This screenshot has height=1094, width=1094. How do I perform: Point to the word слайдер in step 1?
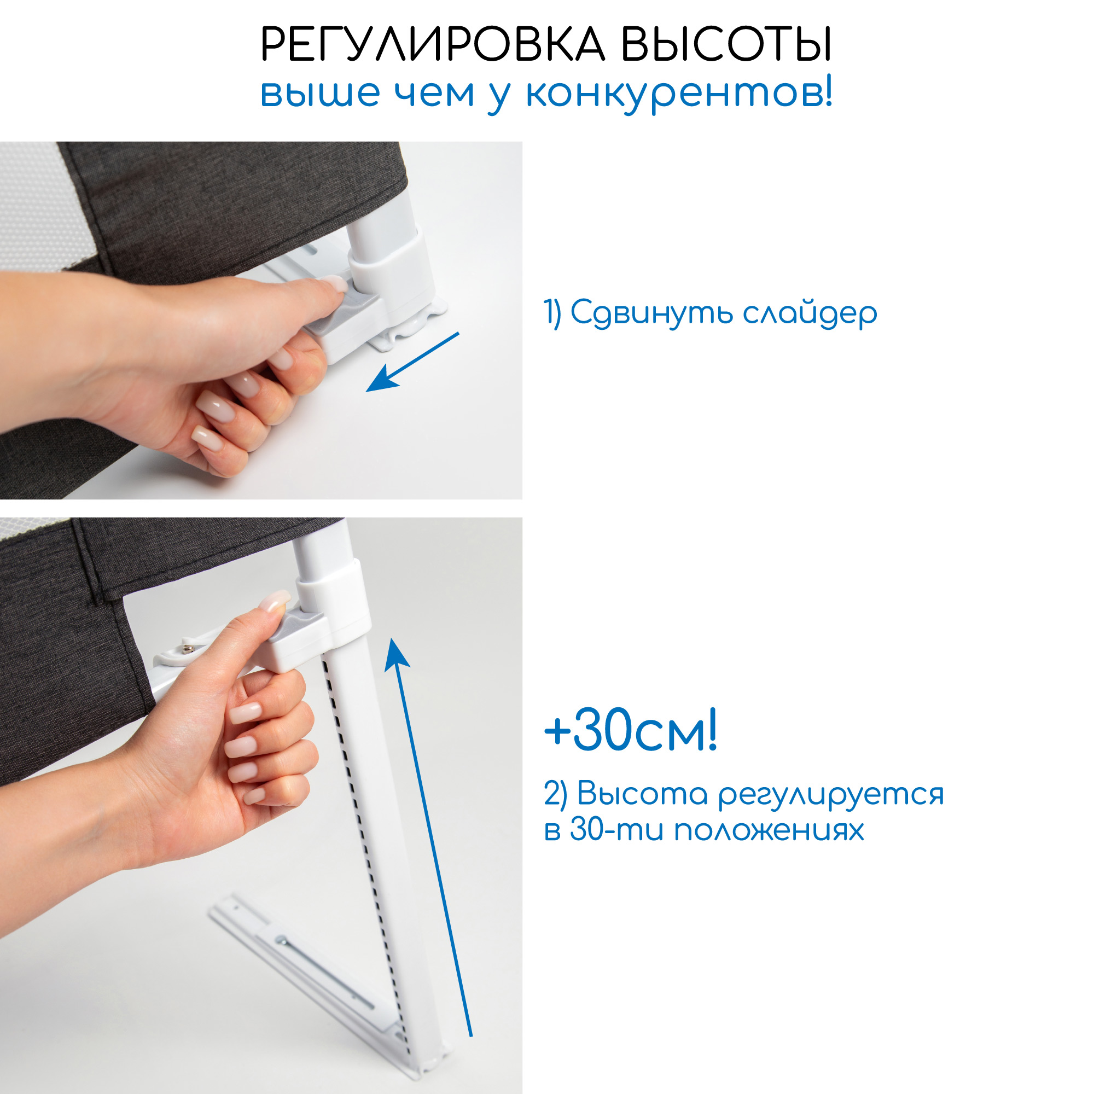pos(810,313)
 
